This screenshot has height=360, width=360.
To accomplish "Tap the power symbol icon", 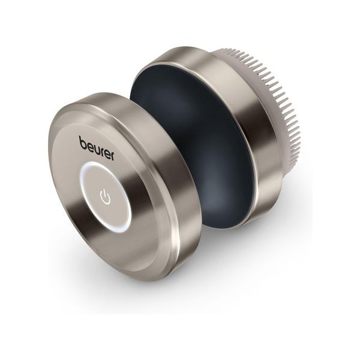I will pos(106,196).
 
